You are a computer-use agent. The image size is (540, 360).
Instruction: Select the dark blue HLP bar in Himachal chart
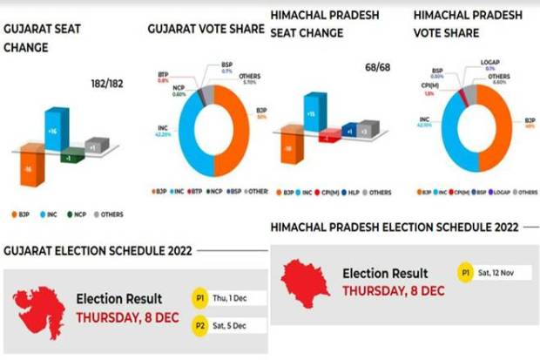click(349, 131)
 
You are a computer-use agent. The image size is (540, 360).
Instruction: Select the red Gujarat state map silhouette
click(39, 306)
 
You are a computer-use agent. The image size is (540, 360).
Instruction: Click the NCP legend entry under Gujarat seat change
click(75, 214)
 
